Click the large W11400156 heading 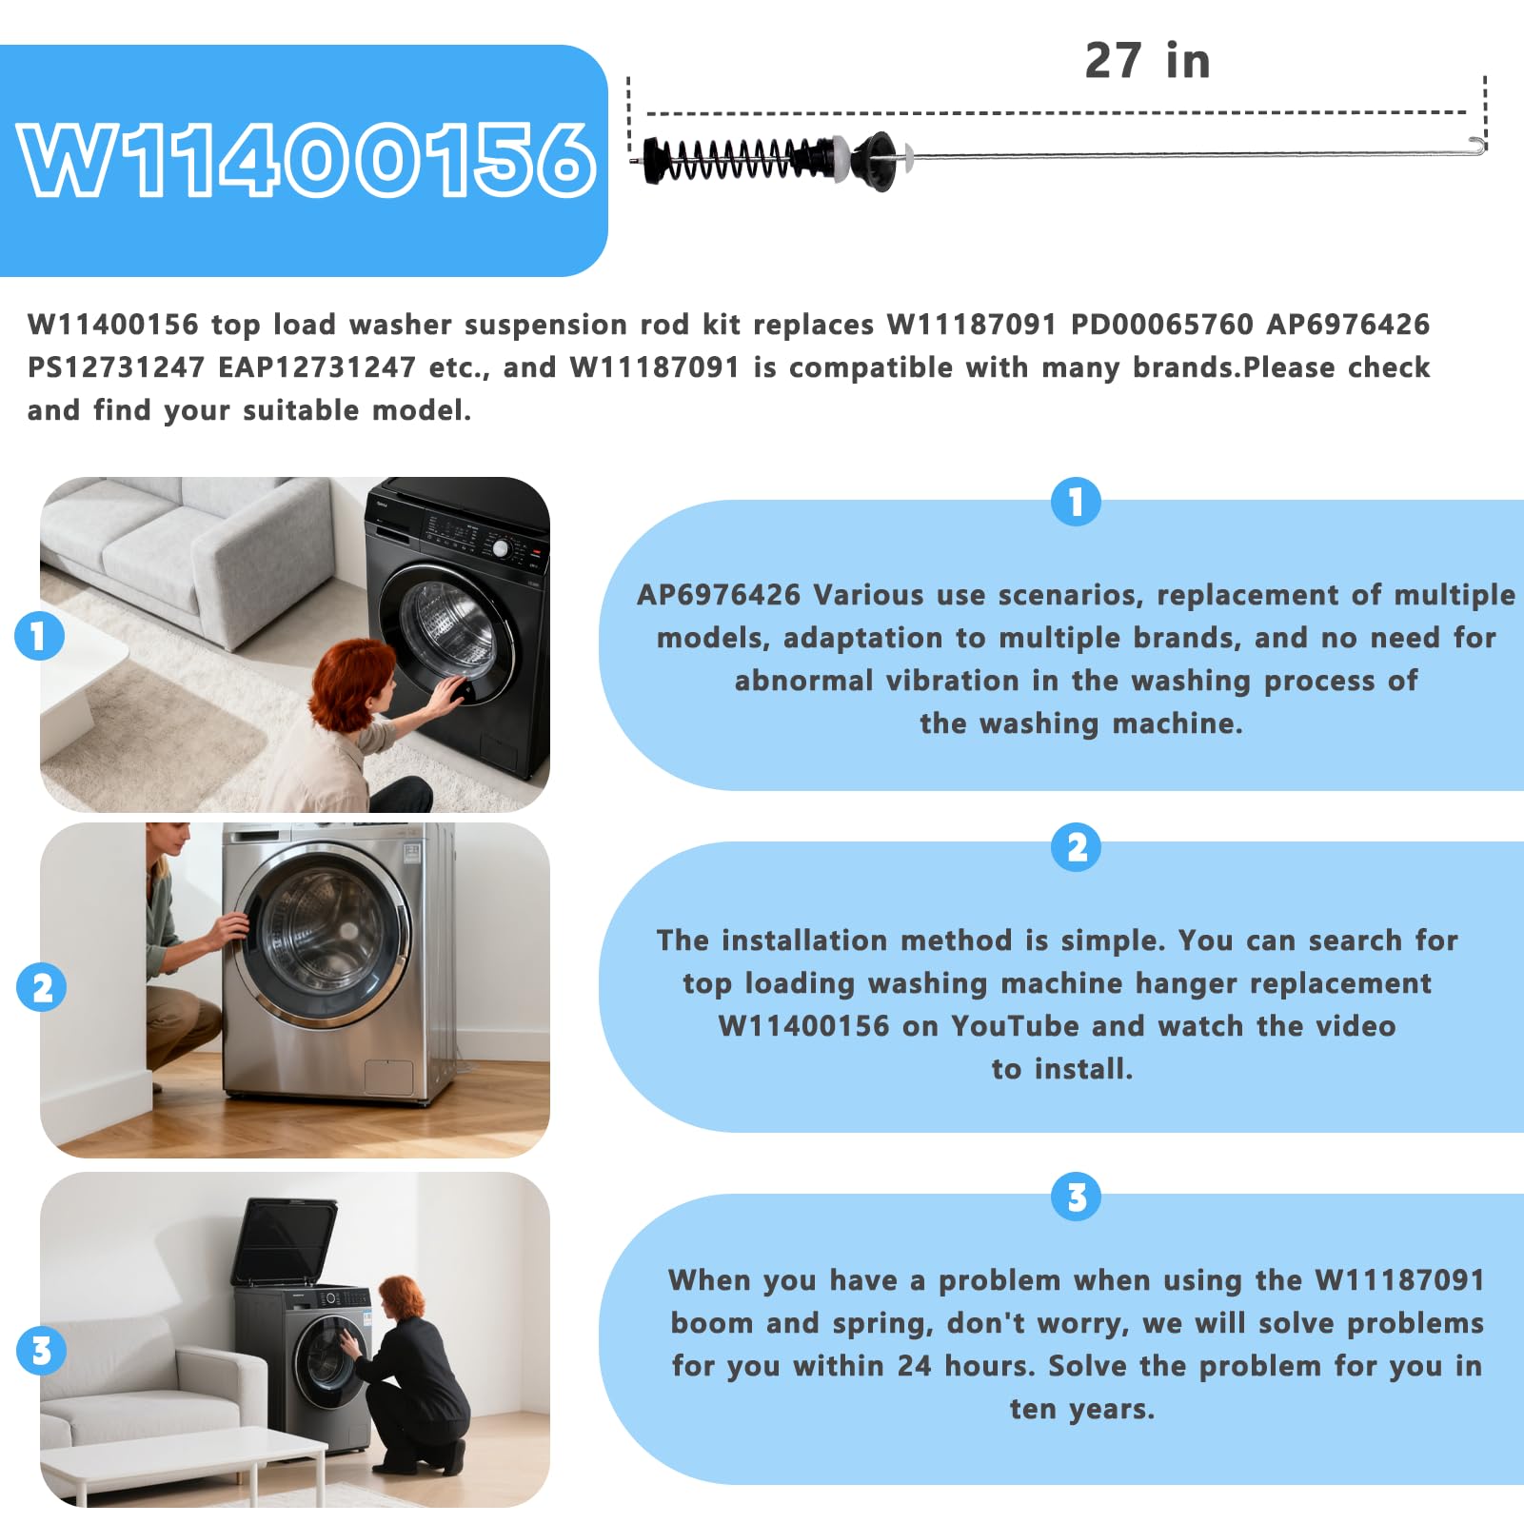(x=307, y=160)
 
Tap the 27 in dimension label (x=1147, y=61)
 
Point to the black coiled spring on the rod (x=728, y=159)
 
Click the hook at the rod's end (x=1476, y=145)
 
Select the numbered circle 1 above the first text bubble (x=1076, y=502)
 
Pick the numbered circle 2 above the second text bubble (x=1076, y=847)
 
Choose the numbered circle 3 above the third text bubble (x=1076, y=1197)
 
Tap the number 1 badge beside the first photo (x=39, y=636)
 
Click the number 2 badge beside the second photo (x=42, y=987)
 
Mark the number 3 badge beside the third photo (x=42, y=1351)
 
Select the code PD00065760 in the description (x=1161, y=325)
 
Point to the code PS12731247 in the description (x=116, y=367)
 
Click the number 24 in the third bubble (x=914, y=1366)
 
